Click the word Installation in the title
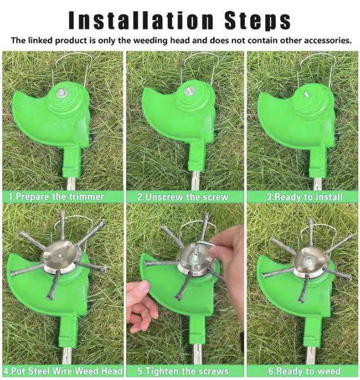pyautogui.click(x=141, y=21)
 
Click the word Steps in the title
pyautogui.click(x=257, y=21)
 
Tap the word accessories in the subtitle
pyautogui.click(x=315, y=40)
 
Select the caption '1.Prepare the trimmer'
pyautogui.click(x=56, y=196)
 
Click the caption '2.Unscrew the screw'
pyautogui.click(x=183, y=197)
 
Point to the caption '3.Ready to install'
pyautogui.click(x=305, y=197)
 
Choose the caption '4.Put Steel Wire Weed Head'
pyautogui.click(x=63, y=371)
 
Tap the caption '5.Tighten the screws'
pyautogui.click(x=183, y=372)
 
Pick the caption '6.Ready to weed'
pyautogui.click(x=304, y=372)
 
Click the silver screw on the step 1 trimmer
pyautogui.click(x=60, y=92)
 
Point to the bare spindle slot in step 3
pyautogui.click(x=306, y=93)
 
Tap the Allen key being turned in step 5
pyautogui.click(x=204, y=245)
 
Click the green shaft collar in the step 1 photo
pyautogui.click(x=71, y=162)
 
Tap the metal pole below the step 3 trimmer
pyautogui.click(x=318, y=184)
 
